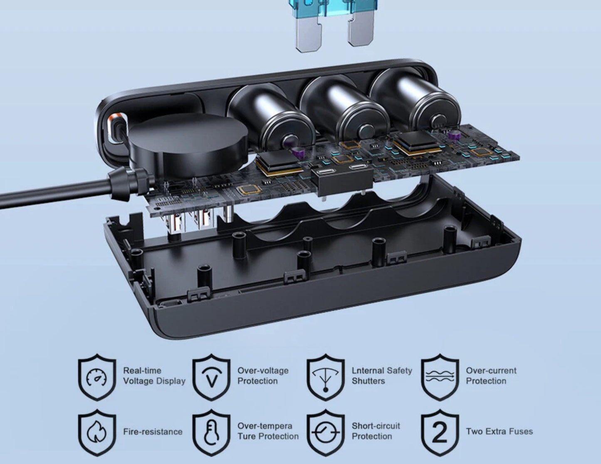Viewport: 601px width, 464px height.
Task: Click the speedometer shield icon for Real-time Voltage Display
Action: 97,377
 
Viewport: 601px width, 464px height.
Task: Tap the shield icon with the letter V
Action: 212,377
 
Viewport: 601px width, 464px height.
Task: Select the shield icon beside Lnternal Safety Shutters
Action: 326,377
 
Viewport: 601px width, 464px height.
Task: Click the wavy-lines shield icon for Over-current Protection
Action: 440,377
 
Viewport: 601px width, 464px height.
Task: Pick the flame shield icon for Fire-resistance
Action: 97,432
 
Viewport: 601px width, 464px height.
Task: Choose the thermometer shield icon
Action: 212,432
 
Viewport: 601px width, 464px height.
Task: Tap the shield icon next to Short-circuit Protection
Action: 326,432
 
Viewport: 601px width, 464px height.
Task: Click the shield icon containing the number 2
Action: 440,432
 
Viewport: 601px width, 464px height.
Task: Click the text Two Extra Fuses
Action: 499,432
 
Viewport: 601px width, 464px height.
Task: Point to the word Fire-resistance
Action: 153,432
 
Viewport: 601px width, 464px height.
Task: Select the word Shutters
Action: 368,381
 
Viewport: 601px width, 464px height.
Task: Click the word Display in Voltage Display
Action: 171,381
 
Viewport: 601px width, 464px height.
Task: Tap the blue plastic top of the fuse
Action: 332,7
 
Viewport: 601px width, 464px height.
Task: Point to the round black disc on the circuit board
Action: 188,145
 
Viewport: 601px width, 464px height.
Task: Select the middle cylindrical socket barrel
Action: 344,111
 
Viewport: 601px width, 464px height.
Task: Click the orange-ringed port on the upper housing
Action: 116,128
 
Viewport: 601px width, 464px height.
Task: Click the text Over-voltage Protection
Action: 263,376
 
